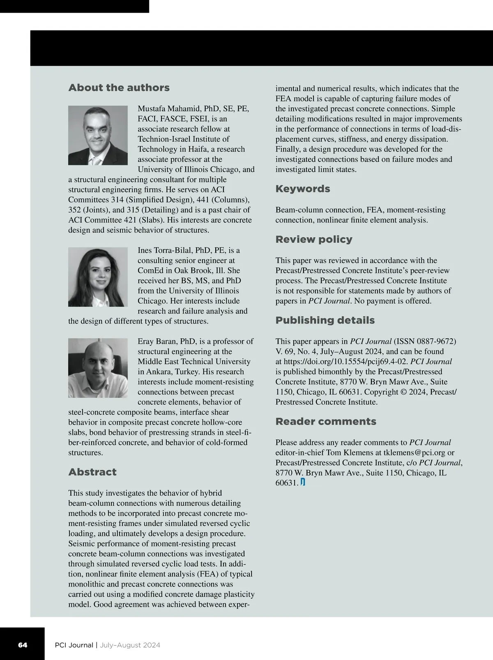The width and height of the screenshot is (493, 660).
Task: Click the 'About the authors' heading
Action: pyautogui.click(x=119, y=88)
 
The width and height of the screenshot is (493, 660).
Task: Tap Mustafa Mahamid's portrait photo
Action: pyautogui.click(x=98, y=135)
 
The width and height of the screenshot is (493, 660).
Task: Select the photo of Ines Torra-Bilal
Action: pyautogui.click(x=98, y=277)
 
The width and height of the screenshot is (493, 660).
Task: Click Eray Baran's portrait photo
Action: pyautogui.click(x=98, y=368)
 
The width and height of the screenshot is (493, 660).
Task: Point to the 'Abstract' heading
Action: pyautogui.click(x=92, y=472)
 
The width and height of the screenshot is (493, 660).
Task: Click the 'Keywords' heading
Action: pyautogui.click(x=303, y=189)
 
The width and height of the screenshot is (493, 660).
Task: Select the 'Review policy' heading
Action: pyautogui.click(x=314, y=240)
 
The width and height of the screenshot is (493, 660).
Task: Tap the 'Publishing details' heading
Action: pyautogui.click(x=325, y=321)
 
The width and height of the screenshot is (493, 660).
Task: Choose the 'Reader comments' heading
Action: pyautogui.click(x=326, y=422)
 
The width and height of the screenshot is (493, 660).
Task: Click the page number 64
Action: pyautogui.click(x=23, y=645)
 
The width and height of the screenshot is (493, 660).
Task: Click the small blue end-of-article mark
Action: pyautogui.click(x=303, y=482)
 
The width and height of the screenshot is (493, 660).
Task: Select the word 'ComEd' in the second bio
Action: pyautogui.click(x=149, y=270)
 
